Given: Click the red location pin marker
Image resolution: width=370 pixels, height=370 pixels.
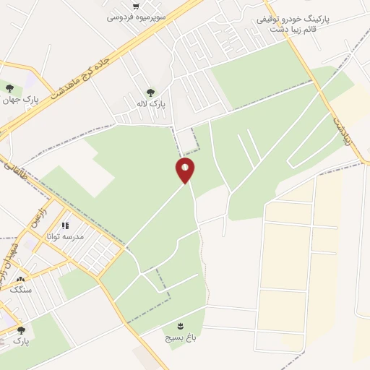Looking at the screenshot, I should pos(185,171).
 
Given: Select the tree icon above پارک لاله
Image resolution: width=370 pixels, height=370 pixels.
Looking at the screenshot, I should pos(150,92).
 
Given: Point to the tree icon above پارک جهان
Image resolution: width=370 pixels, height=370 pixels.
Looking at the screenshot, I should pos(9,88).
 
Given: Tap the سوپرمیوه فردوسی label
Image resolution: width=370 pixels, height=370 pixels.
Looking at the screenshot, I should pos(137,16).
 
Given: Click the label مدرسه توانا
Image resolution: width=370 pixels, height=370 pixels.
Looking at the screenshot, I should pos(65,236).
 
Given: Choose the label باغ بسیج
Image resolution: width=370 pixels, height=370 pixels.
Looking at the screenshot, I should pos(178,337).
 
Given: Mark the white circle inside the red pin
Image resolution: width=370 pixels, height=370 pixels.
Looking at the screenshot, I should pos(185,167).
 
